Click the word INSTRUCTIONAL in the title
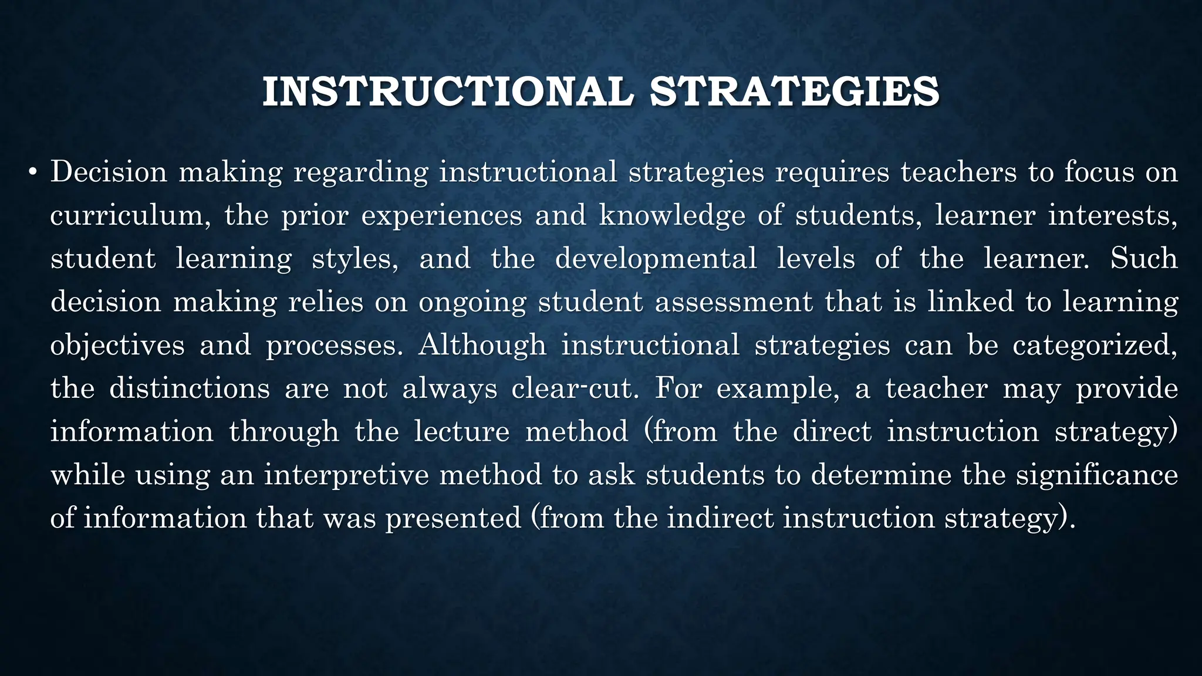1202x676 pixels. tap(448, 92)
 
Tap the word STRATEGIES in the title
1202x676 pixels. tap(795, 92)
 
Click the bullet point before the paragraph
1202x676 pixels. tap(33, 173)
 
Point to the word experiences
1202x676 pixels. tap(441, 215)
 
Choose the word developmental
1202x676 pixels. tap(656, 259)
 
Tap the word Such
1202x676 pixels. tap(1144, 259)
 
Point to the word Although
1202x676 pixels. tap(482, 345)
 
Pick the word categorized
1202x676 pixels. tap(1095, 345)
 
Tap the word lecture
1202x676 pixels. tap(462, 432)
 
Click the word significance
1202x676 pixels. tap(1097, 475)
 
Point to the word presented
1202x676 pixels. tap(453, 518)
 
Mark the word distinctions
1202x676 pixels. tap(190, 388)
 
